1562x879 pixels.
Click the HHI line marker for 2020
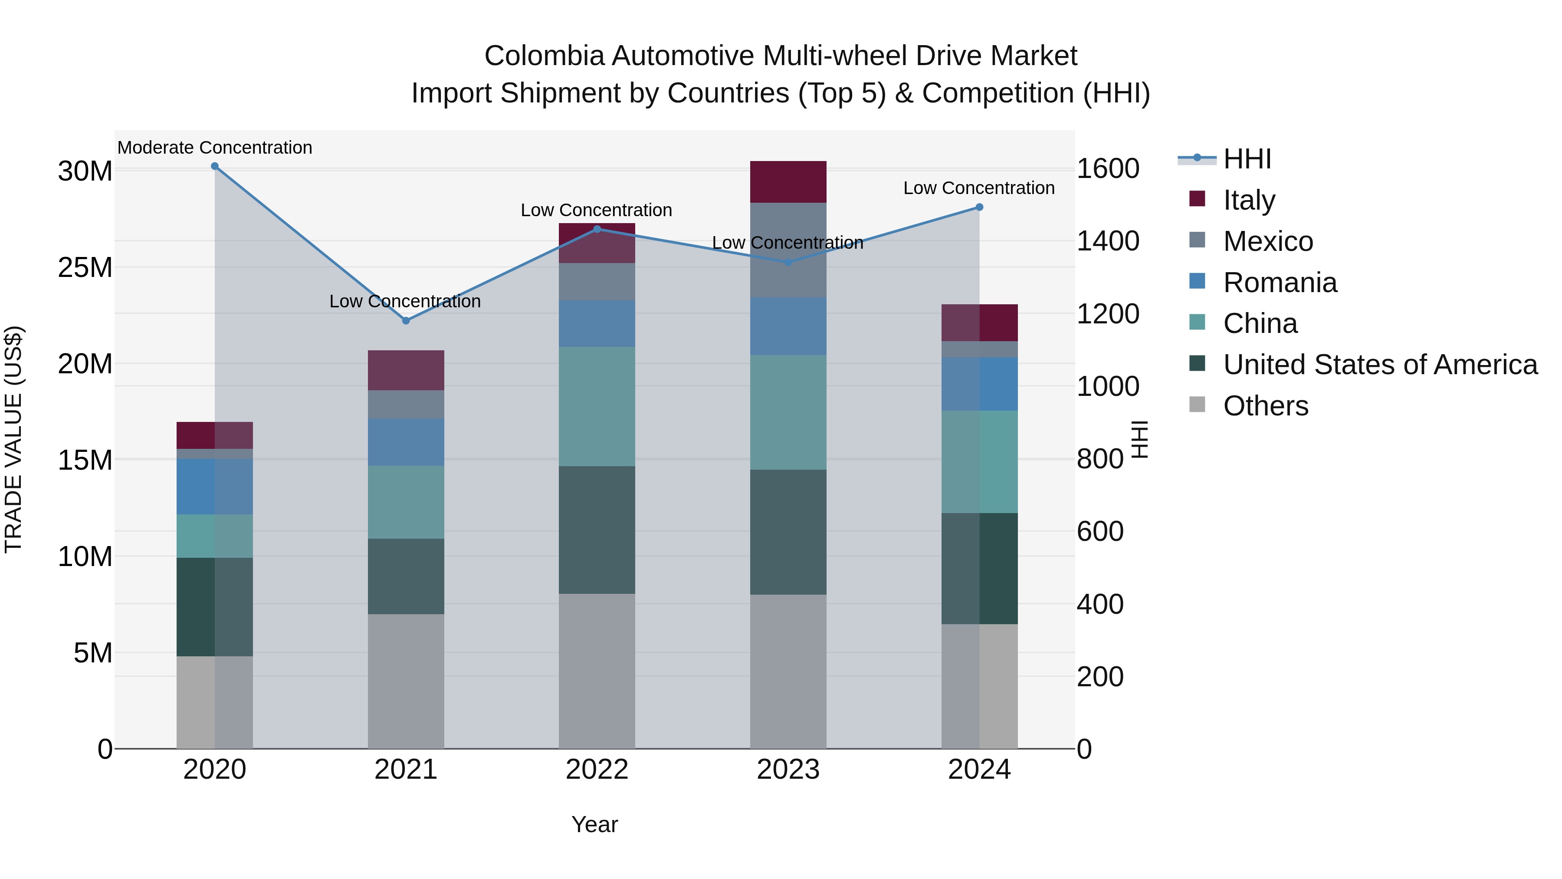pos(215,166)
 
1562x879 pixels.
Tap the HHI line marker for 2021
pos(406,320)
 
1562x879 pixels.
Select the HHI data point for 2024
pos(979,207)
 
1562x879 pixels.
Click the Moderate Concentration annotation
pos(215,148)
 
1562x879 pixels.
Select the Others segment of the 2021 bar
pos(406,681)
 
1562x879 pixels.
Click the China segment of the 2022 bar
pos(597,406)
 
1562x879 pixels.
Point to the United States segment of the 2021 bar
pos(406,576)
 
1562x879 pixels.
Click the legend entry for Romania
pos(1280,283)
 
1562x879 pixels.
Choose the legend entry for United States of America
pos(1379,365)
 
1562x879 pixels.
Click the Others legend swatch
pos(1197,405)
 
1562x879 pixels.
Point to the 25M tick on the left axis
pos(85,267)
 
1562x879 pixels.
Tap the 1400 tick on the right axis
pos(1107,241)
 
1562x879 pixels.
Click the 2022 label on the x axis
pos(597,770)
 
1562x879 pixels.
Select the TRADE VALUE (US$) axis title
pos(13,439)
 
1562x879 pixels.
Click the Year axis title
pos(594,824)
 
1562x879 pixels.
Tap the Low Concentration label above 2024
pos(979,188)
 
